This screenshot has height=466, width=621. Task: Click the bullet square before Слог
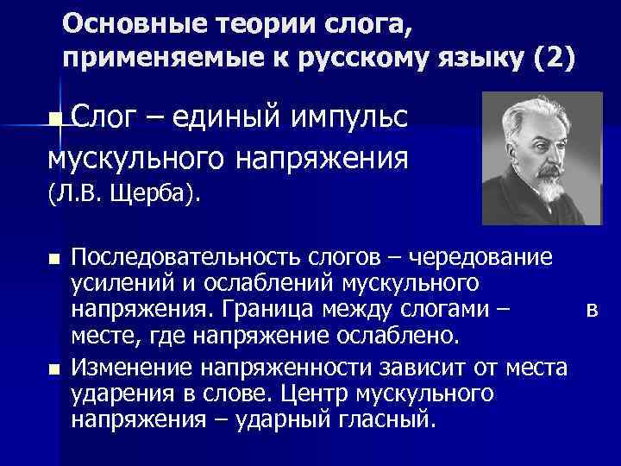pos(56,117)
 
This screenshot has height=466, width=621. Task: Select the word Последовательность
pos(186,257)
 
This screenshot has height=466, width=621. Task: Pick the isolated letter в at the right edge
pos(591,309)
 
